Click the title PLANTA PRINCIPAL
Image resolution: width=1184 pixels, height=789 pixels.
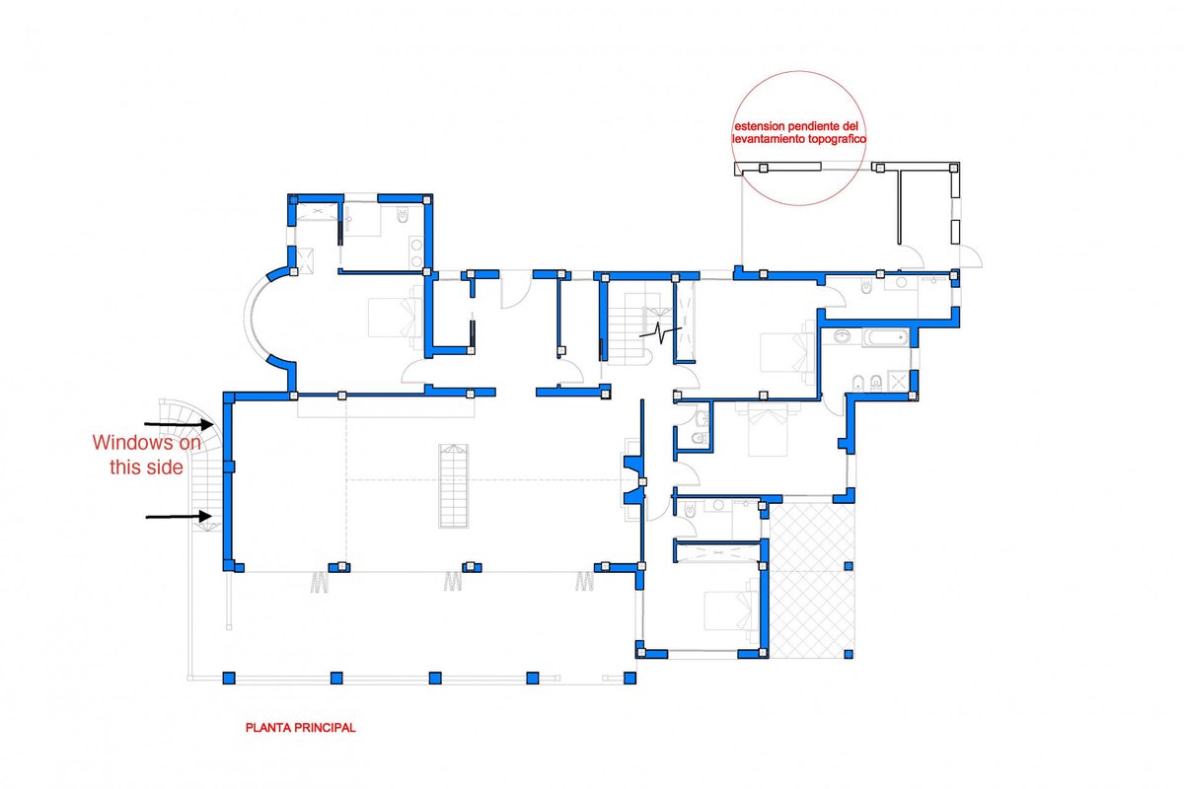coord(300,728)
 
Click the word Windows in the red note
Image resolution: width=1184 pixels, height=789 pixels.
coord(139,442)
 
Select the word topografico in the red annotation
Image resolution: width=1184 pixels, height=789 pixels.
coord(838,139)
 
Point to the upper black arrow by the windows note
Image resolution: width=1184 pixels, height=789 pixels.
coord(180,424)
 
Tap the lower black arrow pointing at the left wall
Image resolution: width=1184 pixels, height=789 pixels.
coord(180,517)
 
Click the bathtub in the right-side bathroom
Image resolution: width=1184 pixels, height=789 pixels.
coord(886,337)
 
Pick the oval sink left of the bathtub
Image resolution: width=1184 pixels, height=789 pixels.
coord(842,336)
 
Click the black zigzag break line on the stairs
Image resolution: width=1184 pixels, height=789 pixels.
coord(660,333)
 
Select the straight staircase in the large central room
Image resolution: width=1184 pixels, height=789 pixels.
coord(453,485)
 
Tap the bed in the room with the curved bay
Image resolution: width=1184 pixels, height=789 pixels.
coord(396,318)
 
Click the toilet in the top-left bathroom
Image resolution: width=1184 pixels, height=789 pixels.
coord(404,216)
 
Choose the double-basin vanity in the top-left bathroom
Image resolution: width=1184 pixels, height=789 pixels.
coord(416,252)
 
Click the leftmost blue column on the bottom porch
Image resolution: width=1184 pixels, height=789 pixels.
coord(228,678)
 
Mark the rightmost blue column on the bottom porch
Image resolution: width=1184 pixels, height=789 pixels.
coord(629,678)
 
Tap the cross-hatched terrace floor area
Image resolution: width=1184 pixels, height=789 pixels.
coord(812,580)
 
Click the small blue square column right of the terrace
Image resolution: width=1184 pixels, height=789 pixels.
coord(849,566)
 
